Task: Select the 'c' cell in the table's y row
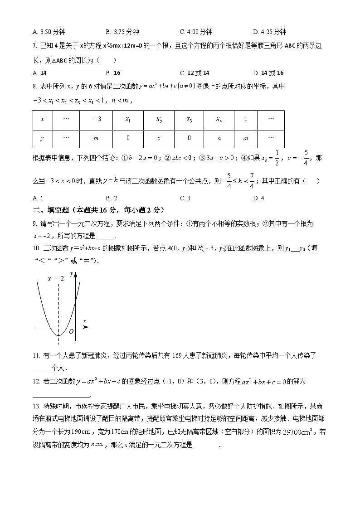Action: point(159,138)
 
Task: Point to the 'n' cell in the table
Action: point(219,138)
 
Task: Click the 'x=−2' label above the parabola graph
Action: point(56,278)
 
